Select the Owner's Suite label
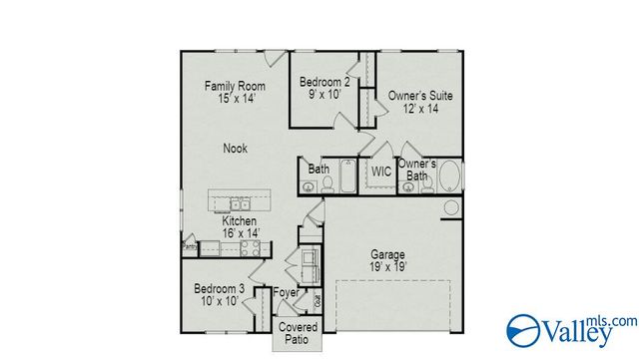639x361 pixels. pyautogui.click(x=420, y=96)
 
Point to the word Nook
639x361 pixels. pyautogui.click(x=235, y=149)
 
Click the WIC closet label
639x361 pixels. pyautogui.click(x=380, y=172)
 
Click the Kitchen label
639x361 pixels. pyautogui.click(x=240, y=220)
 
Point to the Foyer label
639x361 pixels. pyautogui.click(x=287, y=293)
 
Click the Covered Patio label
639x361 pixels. pyautogui.click(x=298, y=333)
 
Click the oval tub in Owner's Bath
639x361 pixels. pyautogui.click(x=448, y=178)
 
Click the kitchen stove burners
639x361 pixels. pyautogui.click(x=252, y=246)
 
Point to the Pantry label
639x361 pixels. pyautogui.click(x=188, y=243)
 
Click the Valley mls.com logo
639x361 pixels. pyautogui.click(x=570, y=329)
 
